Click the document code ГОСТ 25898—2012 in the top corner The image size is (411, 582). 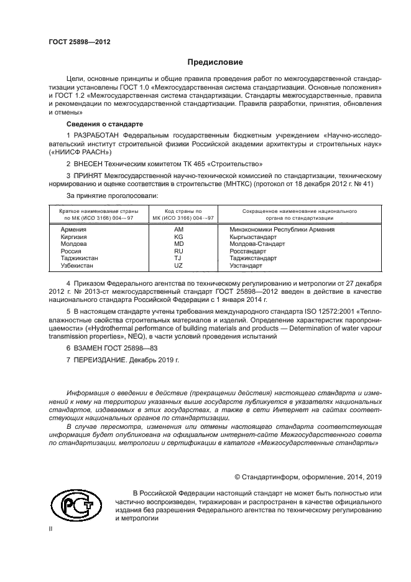[80, 42]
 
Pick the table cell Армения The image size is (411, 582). [73, 230]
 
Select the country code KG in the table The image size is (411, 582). [178, 237]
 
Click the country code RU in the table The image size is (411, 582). [178, 251]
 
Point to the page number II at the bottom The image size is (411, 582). [52, 529]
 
